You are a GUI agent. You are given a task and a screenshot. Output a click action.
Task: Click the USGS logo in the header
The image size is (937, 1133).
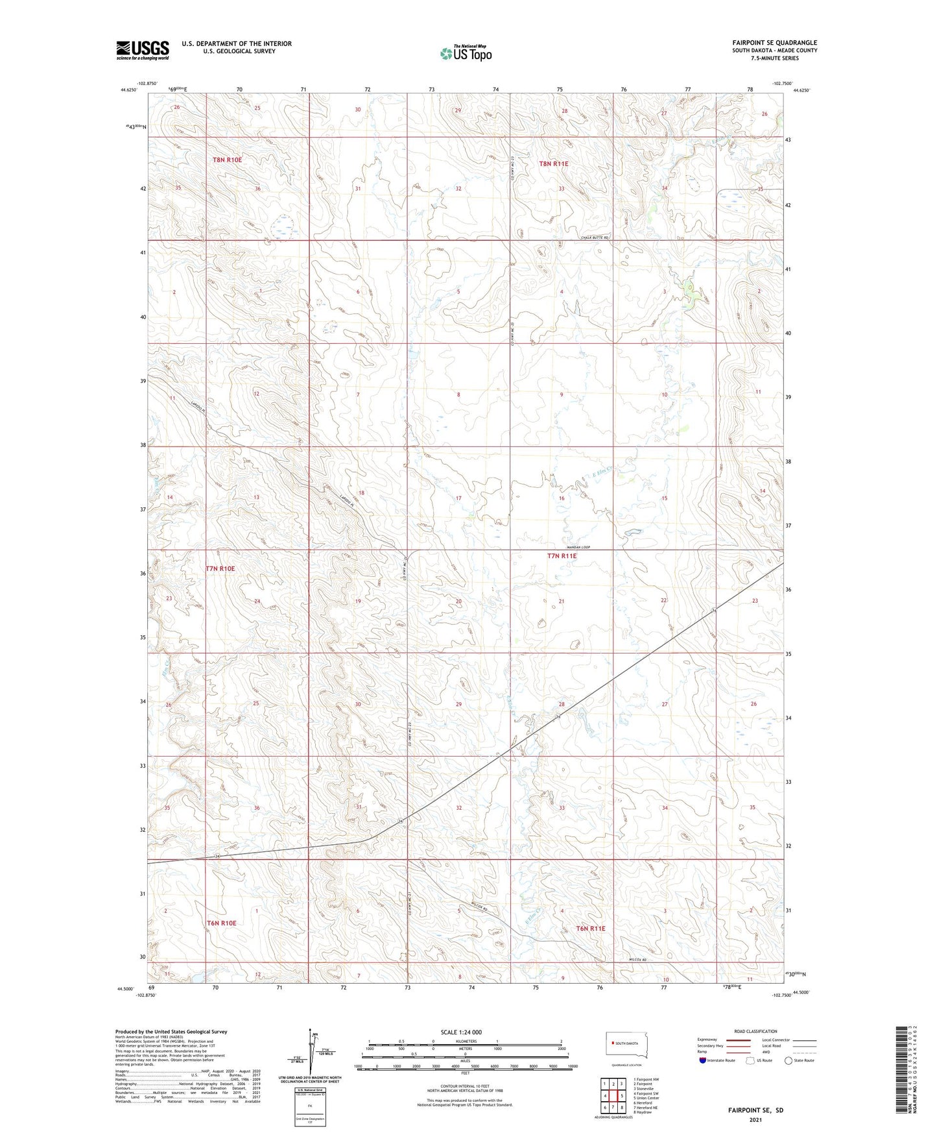[142, 50]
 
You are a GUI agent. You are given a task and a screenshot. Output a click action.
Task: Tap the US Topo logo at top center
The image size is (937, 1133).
[466, 53]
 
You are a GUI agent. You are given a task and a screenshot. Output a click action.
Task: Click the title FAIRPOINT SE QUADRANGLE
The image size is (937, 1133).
[774, 43]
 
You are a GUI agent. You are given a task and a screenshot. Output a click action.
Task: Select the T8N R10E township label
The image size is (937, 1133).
[227, 160]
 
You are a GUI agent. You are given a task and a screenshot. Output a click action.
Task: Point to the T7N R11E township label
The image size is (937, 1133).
[562, 556]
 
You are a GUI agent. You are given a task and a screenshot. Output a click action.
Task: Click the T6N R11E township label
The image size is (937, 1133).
[590, 929]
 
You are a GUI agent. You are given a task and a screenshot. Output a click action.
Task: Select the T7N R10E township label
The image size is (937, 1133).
[220, 568]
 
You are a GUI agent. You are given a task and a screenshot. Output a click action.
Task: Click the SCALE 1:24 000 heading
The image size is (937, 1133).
[461, 1032]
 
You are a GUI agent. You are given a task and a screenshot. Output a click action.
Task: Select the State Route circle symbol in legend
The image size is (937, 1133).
[789, 1060]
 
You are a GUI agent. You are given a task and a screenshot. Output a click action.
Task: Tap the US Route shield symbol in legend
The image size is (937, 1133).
[751, 1060]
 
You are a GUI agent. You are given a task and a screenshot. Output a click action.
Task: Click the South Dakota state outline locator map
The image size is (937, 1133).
[626, 1044]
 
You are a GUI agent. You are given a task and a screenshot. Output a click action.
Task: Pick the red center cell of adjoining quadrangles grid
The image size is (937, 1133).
[613, 1096]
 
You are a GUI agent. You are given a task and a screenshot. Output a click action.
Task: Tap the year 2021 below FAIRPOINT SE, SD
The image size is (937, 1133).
[755, 1120]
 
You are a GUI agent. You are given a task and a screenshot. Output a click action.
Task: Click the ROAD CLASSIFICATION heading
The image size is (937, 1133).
[755, 1031]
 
